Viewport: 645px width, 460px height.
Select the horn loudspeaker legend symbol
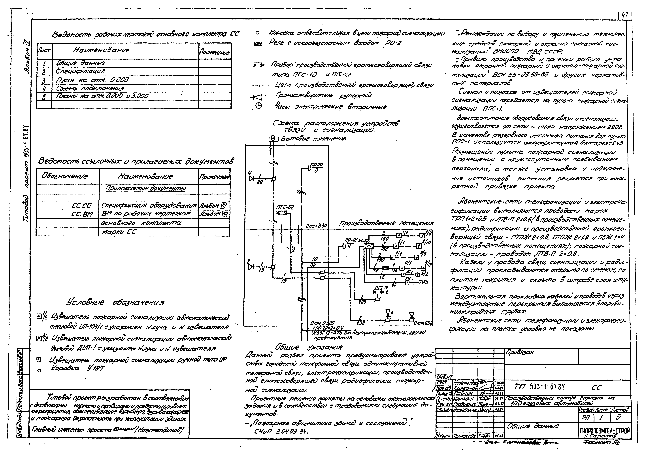[258, 97]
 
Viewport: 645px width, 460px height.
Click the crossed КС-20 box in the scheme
[369, 246]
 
